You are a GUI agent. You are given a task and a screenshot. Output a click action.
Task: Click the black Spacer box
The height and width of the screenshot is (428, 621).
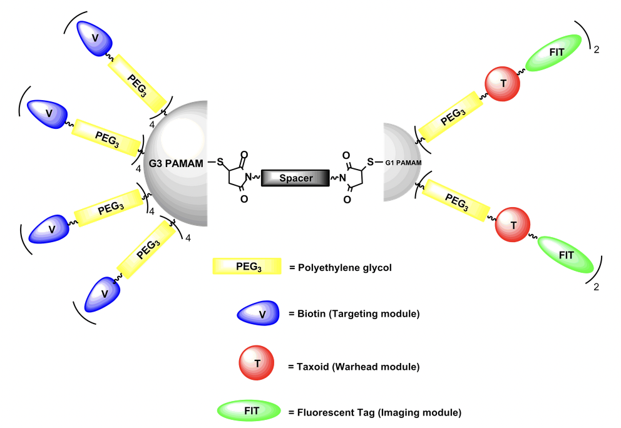coord(295,178)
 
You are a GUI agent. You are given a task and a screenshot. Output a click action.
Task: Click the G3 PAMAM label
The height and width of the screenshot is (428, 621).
coord(177,164)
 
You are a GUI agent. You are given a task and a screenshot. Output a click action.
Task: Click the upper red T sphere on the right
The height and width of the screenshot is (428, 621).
coord(503,85)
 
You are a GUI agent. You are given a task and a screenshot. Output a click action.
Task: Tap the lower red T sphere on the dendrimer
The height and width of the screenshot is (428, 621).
coord(513,224)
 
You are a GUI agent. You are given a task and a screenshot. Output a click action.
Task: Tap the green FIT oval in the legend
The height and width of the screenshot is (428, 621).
coord(249,411)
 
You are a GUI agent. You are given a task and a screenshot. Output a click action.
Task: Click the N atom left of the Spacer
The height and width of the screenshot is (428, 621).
coord(249,178)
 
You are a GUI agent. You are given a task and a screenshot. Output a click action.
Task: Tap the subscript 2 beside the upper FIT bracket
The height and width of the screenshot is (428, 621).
coord(596,49)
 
